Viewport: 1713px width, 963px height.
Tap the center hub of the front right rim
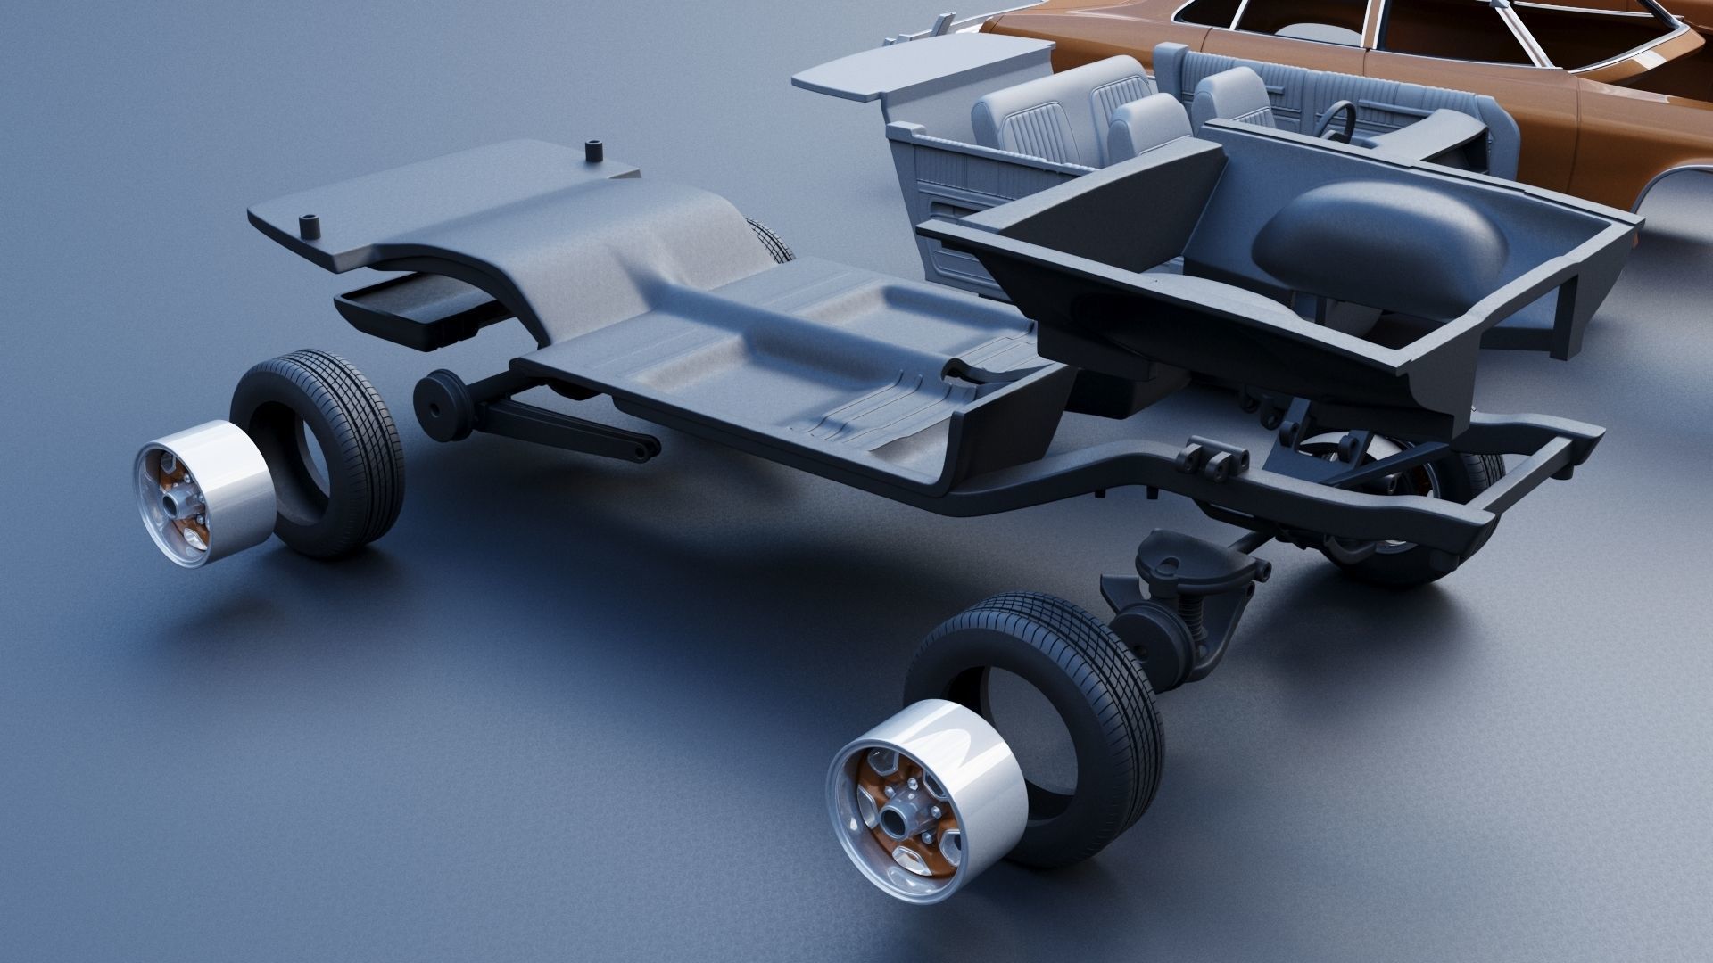[x=894, y=795]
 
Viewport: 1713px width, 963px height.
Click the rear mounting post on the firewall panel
[x=592, y=152]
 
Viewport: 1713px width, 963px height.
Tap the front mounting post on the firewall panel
[x=311, y=226]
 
